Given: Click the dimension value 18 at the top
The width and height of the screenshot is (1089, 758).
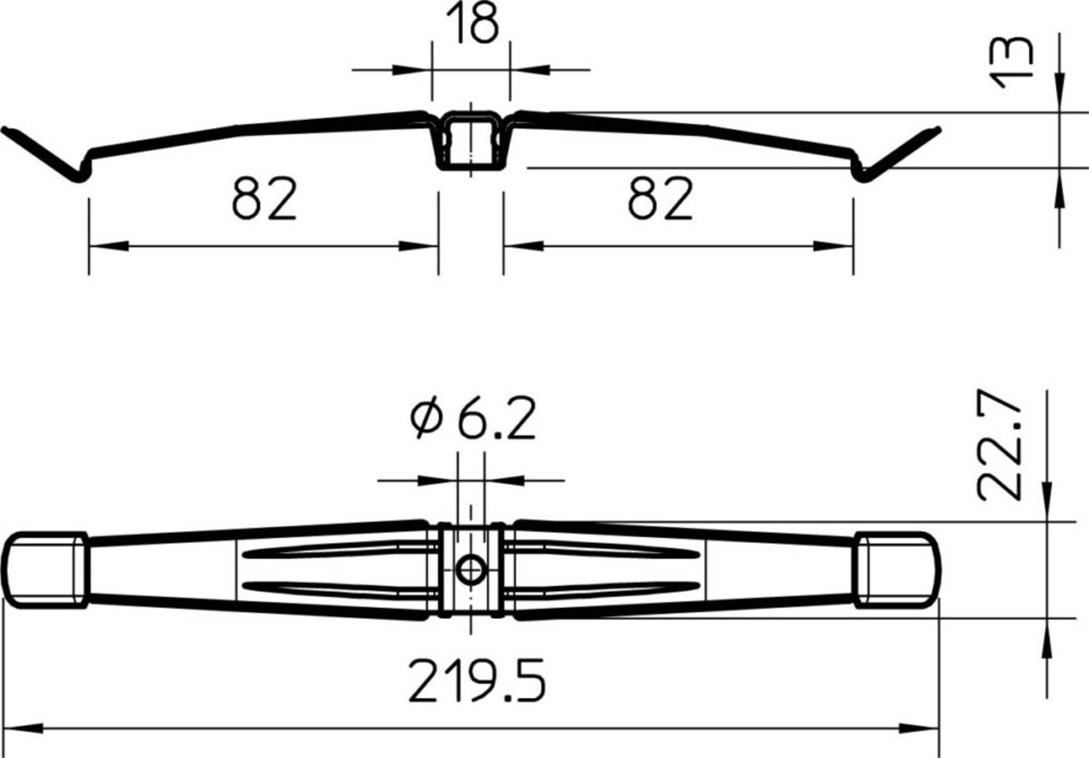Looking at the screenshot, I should click(472, 24).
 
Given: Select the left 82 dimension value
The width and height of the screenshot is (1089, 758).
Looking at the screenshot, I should click(264, 199).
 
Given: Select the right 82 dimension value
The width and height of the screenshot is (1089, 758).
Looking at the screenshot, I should click(660, 199).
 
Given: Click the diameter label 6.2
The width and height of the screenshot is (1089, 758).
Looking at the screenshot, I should click(496, 419).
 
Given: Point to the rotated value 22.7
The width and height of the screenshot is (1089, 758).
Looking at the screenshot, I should click(999, 450).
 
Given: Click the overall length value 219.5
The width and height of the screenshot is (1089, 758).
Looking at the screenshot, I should click(476, 681).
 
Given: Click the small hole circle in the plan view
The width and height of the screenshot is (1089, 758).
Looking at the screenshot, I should click(471, 570).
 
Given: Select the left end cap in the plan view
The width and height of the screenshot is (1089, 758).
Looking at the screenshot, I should click(45, 570).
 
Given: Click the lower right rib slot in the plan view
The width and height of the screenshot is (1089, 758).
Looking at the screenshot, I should click(600, 588).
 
